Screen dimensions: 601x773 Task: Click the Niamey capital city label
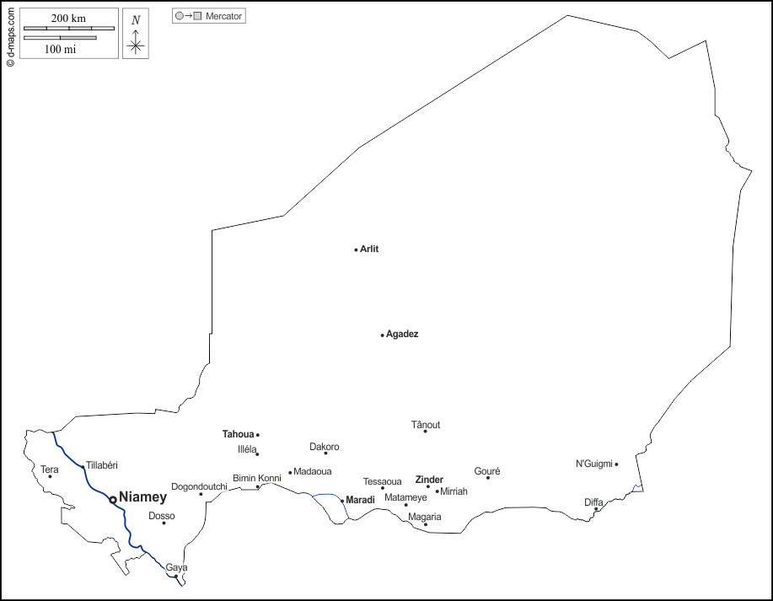[143, 497]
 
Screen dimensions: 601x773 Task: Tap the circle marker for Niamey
[113, 499]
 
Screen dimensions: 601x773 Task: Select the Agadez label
[402, 334]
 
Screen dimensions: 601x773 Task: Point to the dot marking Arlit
[356, 250]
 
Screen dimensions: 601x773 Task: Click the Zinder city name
[429, 480]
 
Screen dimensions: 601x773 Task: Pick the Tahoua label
[238, 434]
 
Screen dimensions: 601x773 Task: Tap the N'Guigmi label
[594, 464]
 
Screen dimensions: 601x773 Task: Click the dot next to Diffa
[596, 509]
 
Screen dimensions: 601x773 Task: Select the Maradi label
[360, 500]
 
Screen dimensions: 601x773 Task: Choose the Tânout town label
[426, 425]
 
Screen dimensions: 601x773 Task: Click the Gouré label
[487, 471]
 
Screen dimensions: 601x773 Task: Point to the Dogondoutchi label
[199, 486]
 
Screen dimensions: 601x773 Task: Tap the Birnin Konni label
[257, 478]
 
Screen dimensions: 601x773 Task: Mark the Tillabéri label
[102, 464]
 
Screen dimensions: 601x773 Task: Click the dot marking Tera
[50, 477]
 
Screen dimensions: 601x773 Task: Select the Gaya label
[176, 567]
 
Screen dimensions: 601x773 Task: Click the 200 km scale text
[68, 19]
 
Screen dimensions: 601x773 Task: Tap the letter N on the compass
[136, 20]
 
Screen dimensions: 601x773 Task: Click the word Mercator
[224, 16]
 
